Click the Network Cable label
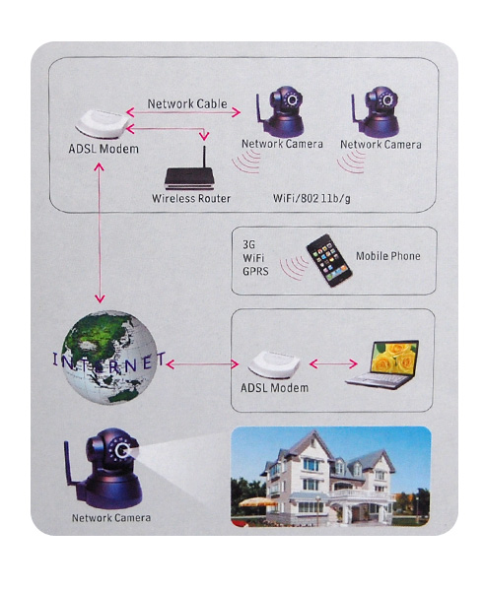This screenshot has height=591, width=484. tap(187, 103)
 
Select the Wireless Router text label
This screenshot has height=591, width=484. tap(191, 198)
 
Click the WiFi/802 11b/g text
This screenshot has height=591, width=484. tap(311, 198)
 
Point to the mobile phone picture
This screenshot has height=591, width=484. tap(329, 260)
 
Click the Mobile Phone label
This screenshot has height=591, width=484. tap(388, 256)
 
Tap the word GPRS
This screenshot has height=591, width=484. tap(255, 271)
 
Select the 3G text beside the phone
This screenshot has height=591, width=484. tap(248, 244)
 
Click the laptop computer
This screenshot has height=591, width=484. tap(382, 364)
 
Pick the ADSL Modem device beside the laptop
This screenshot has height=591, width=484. tap(274, 364)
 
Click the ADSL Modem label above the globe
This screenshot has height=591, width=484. tap(104, 149)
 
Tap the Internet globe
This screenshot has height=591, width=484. tap(109, 357)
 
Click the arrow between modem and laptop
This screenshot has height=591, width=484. tap(333, 363)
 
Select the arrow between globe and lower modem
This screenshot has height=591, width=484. tap(203, 364)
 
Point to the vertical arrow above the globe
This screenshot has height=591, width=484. tap(100, 232)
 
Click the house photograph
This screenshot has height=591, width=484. tap(330, 477)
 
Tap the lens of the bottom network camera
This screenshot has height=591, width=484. tap(122, 450)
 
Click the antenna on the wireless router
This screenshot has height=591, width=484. tap(204, 158)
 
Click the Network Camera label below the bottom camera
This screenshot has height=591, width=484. tap(111, 517)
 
